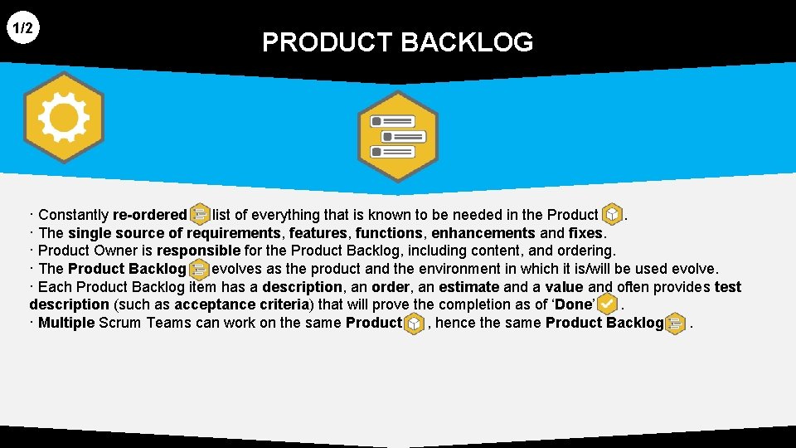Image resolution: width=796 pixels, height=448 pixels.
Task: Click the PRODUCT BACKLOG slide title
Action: (397, 42)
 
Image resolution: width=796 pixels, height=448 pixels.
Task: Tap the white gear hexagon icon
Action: (63, 118)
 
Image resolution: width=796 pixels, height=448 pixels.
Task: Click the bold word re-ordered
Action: (150, 215)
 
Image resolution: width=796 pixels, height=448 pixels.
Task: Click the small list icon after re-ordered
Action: (199, 216)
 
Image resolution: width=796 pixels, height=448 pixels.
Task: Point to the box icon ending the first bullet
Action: (611, 216)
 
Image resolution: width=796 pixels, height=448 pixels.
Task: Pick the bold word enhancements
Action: (483, 233)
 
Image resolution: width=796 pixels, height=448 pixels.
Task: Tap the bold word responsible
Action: (198, 251)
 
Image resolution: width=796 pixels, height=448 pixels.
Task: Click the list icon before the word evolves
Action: (199, 269)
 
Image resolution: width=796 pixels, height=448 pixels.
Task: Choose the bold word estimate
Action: (468, 287)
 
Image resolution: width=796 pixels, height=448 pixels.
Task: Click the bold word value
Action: (564, 287)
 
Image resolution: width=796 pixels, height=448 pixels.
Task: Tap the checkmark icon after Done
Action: (607, 304)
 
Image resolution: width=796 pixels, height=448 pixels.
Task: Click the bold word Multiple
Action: (66, 323)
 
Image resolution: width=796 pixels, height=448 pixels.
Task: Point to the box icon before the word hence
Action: (414, 324)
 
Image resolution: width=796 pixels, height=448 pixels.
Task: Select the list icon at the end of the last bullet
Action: (676, 324)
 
